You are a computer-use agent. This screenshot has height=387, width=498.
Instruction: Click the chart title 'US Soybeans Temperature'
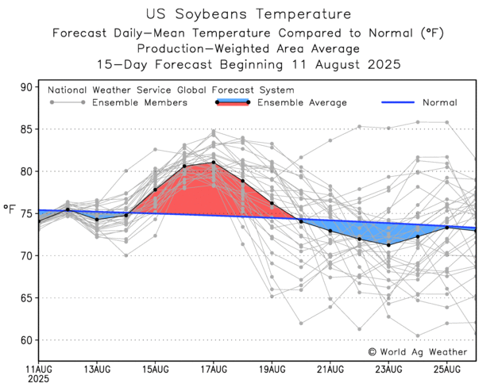point(249,14)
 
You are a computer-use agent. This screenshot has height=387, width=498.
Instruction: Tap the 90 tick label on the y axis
point(26,86)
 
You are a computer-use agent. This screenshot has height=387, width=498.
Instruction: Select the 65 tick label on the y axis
point(26,298)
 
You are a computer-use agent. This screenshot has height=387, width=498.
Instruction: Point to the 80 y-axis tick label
point(26,171)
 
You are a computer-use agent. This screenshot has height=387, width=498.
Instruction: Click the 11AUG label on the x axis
point(39,369)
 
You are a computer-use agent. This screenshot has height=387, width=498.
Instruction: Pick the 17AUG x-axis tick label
point(214,369)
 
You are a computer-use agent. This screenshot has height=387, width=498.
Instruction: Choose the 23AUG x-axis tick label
point(388,369)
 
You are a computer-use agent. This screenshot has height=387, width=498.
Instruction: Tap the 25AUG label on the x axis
point(447,369)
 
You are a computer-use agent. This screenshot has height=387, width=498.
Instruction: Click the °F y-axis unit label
point(10,211)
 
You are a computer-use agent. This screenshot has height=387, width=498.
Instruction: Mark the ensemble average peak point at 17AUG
point(214,163)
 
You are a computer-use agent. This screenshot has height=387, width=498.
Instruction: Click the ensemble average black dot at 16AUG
point(184,166)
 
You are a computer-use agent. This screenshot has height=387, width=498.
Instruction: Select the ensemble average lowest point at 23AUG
point(388,244)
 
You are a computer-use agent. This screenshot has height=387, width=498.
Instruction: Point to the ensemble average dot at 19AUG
point(272,203)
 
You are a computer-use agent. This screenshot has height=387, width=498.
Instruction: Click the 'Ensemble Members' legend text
point(139,102)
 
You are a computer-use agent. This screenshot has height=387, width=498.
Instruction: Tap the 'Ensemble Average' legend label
point(303,102)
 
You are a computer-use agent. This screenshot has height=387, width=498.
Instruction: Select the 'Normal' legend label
point(439,102)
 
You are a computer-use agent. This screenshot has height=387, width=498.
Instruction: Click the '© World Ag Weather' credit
point(418,351)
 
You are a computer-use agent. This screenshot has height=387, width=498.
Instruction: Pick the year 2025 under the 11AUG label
point(40,379)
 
